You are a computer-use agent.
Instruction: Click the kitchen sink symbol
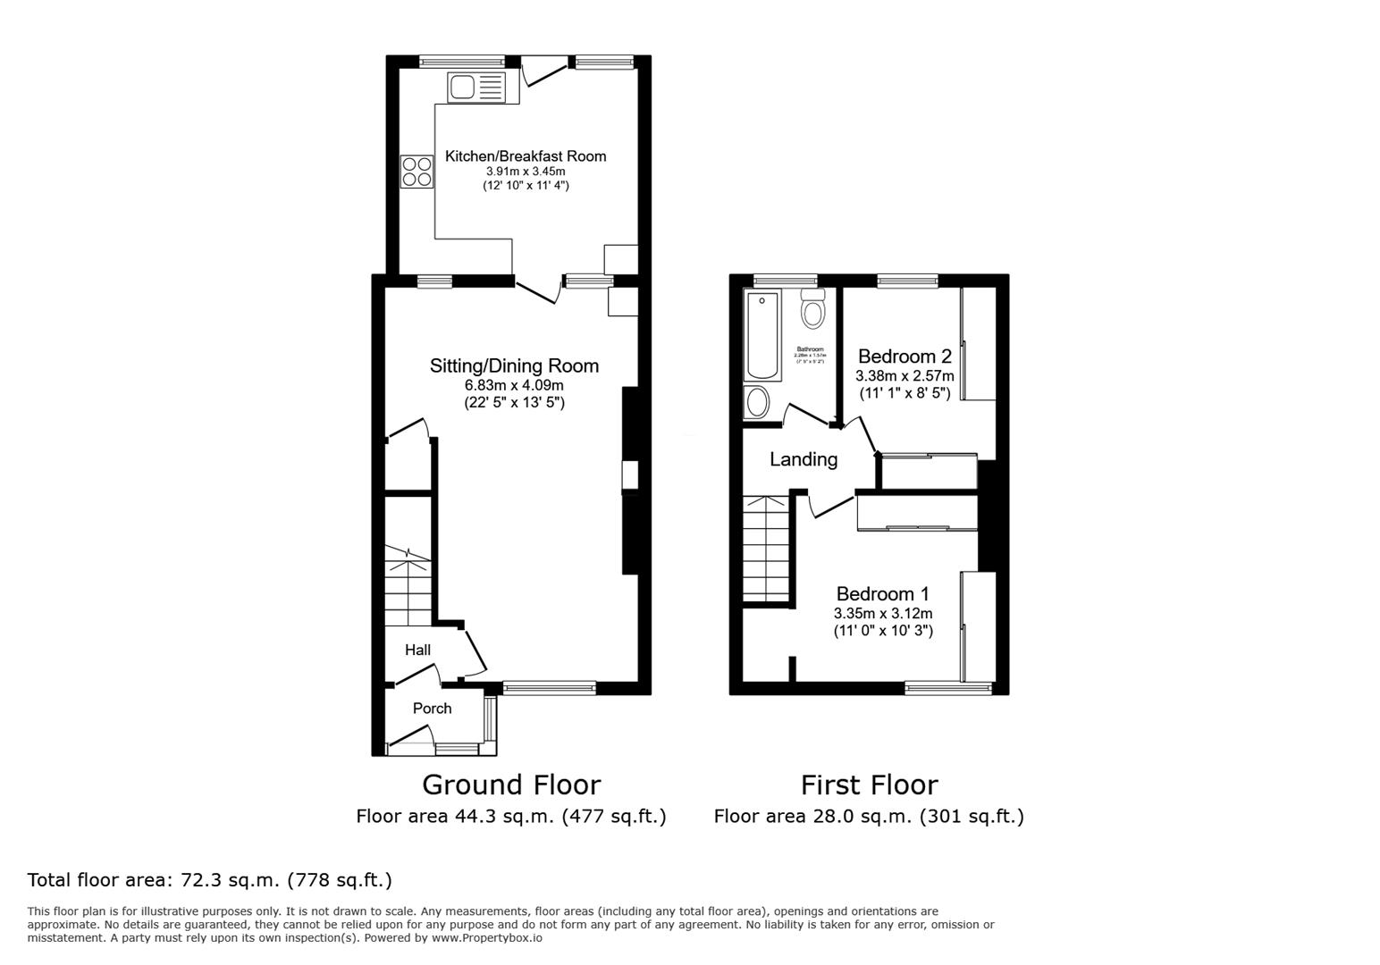[477, 88]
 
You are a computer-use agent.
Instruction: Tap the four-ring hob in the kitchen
[417, 171]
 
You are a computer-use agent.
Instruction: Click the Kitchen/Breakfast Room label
[526, 156]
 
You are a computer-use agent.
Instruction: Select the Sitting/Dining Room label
[514, 365]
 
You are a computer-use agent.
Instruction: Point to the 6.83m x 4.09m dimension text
[514, 385]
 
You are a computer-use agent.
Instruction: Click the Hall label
[417, 650]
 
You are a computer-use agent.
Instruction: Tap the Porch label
[432, 709]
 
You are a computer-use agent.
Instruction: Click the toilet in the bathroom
[812, 309]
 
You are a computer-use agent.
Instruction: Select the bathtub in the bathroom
[762, 336]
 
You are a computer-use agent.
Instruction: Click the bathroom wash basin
[757, 402]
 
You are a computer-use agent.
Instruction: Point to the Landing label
[804, 459]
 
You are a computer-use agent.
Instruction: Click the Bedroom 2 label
[905, 357]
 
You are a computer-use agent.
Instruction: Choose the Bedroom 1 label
[882, 594]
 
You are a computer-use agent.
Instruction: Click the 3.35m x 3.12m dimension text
[882, 614]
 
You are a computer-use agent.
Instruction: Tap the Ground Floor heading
[511, 785]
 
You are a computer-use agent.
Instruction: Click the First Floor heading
[869, 785]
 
